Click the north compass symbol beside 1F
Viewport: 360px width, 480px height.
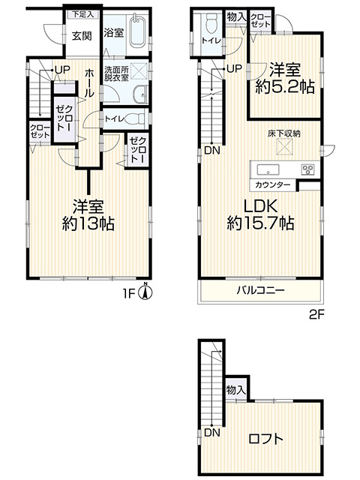145,292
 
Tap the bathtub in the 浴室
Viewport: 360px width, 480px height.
136,31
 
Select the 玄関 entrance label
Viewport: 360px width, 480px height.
82,36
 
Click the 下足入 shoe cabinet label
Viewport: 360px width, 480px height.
82,14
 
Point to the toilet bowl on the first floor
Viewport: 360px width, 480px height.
135,118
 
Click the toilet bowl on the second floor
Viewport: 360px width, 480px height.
211,24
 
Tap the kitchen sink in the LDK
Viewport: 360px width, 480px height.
268,169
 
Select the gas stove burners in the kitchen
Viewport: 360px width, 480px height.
307,169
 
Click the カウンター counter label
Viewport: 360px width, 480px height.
272,185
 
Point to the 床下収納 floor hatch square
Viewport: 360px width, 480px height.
284,147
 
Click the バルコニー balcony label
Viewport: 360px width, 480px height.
260,289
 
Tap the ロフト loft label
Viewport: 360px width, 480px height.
265,439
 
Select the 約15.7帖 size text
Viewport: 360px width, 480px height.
260,223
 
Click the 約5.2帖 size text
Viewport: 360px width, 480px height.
285,87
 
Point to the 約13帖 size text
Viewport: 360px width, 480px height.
88,223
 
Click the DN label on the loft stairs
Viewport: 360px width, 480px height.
212,433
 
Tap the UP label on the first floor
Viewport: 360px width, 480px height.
62,70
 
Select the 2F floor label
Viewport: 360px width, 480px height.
316,315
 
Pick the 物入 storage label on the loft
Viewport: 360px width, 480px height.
236,390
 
